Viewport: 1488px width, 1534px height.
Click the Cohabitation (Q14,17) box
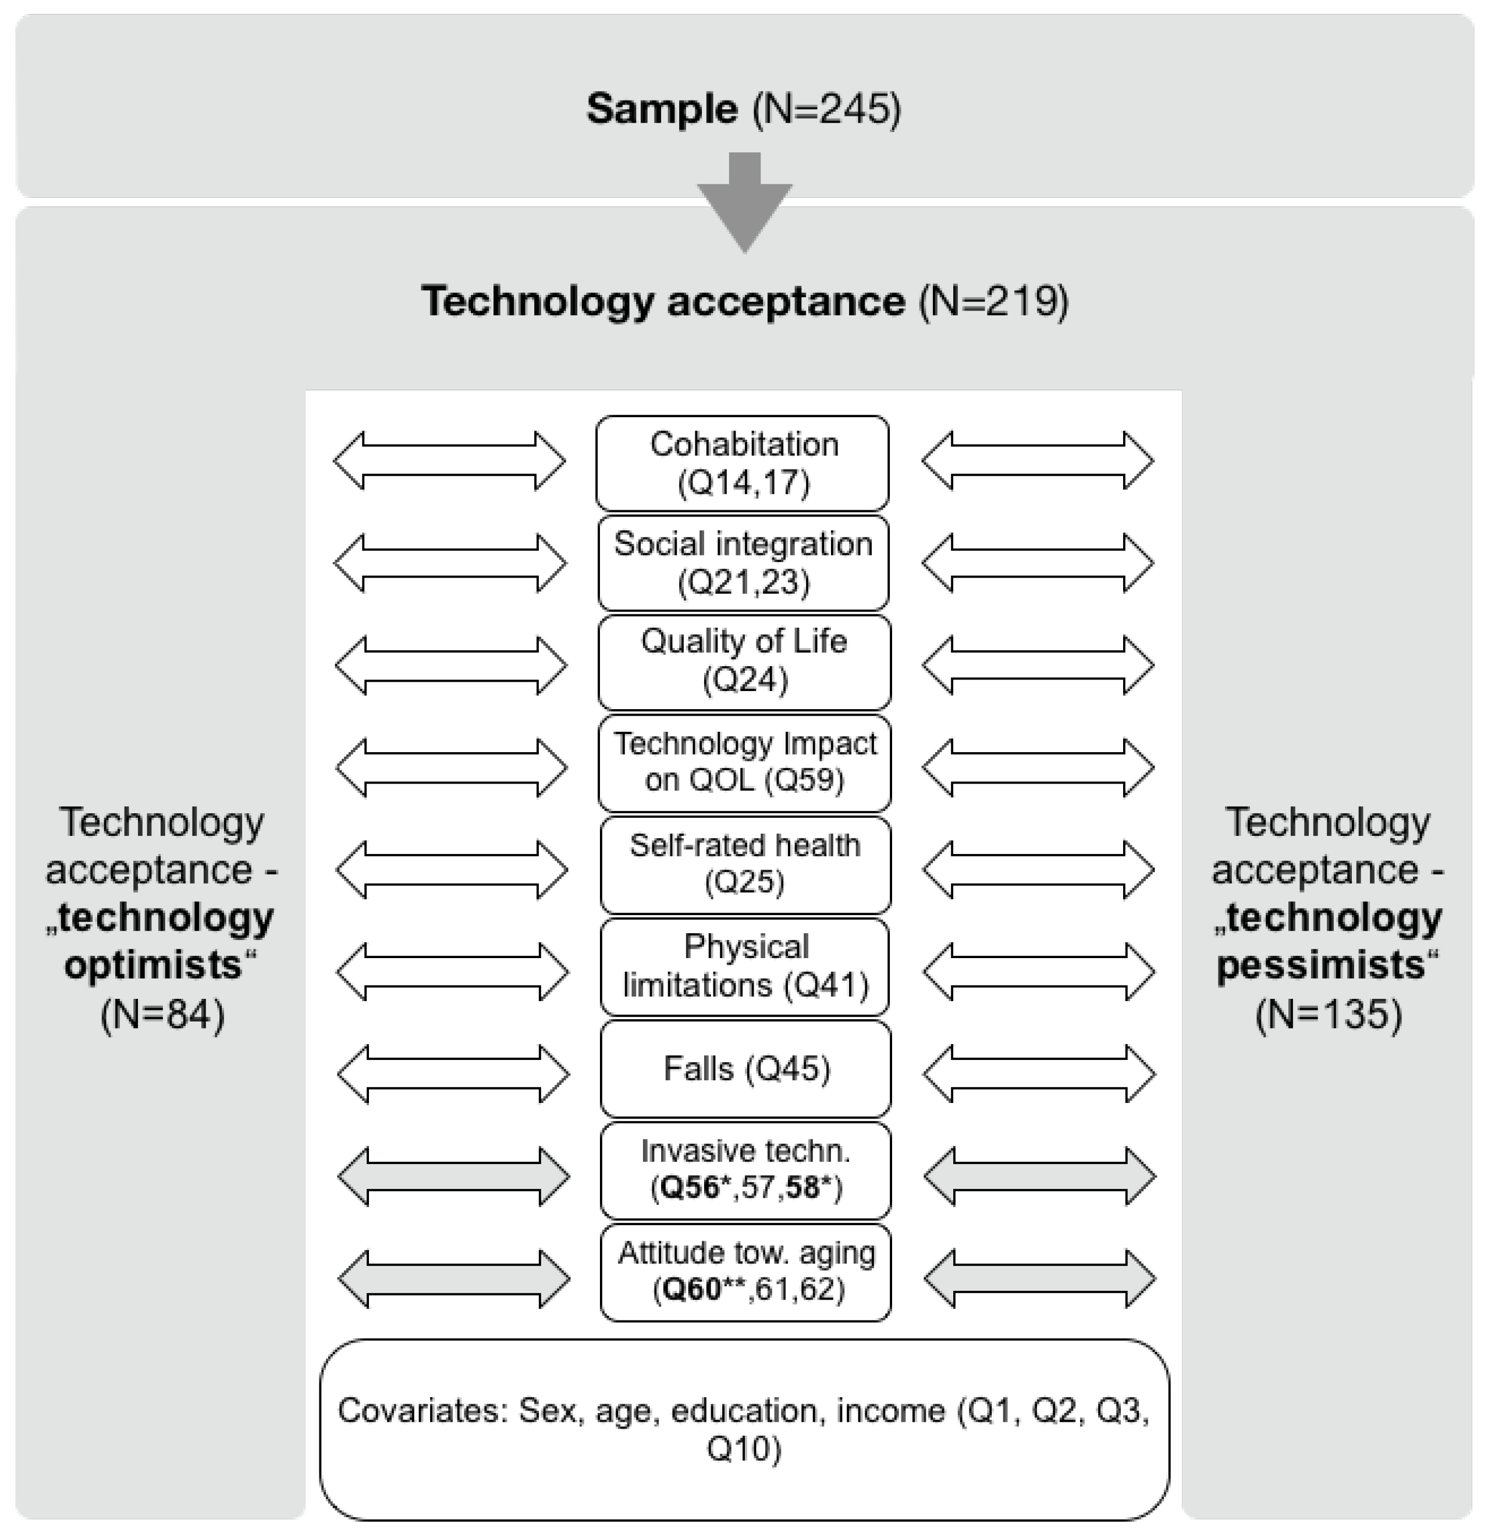tap(742, 462)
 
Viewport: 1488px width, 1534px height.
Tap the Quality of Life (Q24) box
tap(744, 662)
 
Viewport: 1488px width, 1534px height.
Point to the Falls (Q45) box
tap(745, 1068)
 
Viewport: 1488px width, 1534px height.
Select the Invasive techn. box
tap(745, 1170)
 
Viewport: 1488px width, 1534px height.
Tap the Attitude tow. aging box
tap(745, 1272)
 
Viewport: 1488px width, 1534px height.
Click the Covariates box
tap(744, 1429)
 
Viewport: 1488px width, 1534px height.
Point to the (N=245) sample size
tap(826, 109)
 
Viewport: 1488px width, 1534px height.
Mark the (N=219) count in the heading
tap(993, 301)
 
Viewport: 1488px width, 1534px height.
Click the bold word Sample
tap(662, 109)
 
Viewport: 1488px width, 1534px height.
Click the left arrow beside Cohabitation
tap(449, 460)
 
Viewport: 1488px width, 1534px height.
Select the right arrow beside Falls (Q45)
tap(1039, 1073)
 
